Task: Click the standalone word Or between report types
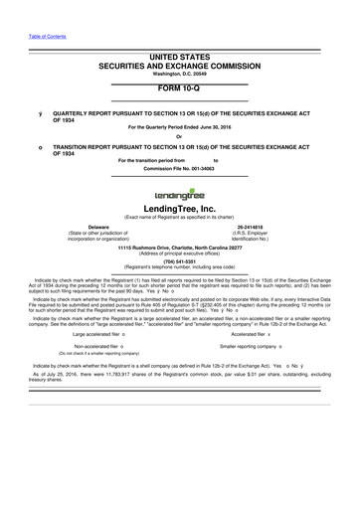[x=179, y=137]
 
